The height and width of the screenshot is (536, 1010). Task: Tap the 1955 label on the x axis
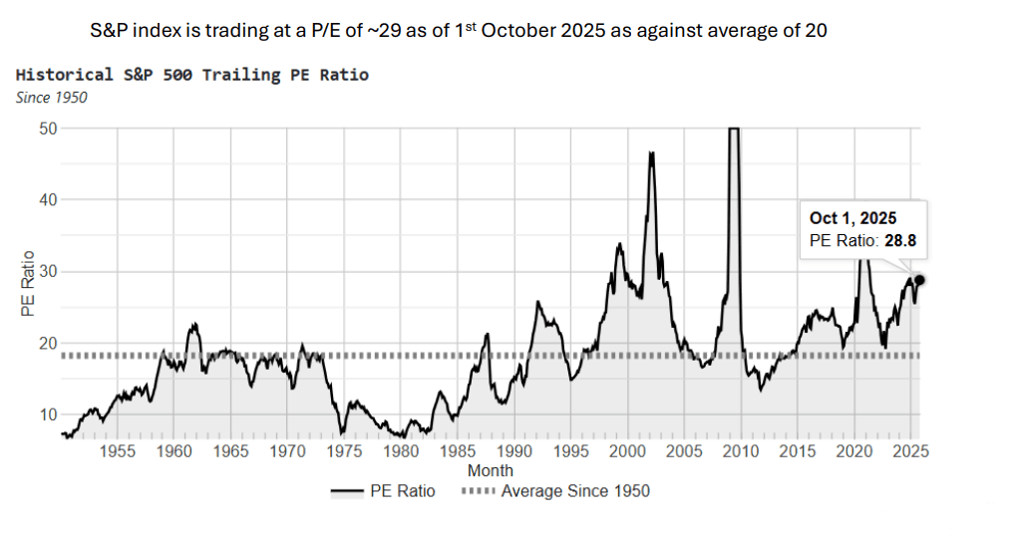pyautogui.click(x=118, y=451)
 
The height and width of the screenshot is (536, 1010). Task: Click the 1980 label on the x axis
pyautogui.click(x=401, y=451)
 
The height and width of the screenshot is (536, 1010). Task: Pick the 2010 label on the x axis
pyautogui.click(x=740, y=451)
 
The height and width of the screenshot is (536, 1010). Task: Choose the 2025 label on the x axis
pyautogui.click(x=909, y=451)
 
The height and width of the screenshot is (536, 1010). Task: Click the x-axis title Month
pyautogui.click(x=490, y=470)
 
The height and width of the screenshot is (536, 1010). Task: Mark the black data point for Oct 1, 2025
pyautogui.click(x=919, y=281)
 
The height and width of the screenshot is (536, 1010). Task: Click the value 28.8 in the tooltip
pyautogui.click(x=900, y=240)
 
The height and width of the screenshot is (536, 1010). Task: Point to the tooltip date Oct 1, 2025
pyautogui.click(x=852, y=218)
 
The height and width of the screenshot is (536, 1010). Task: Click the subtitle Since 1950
pyautogui.click(x=52, y=97)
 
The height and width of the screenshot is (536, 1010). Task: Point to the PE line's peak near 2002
pyautogui.click(x=651, y=152)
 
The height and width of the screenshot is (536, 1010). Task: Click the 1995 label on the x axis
pyautogui.click(x=570, y=451)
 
